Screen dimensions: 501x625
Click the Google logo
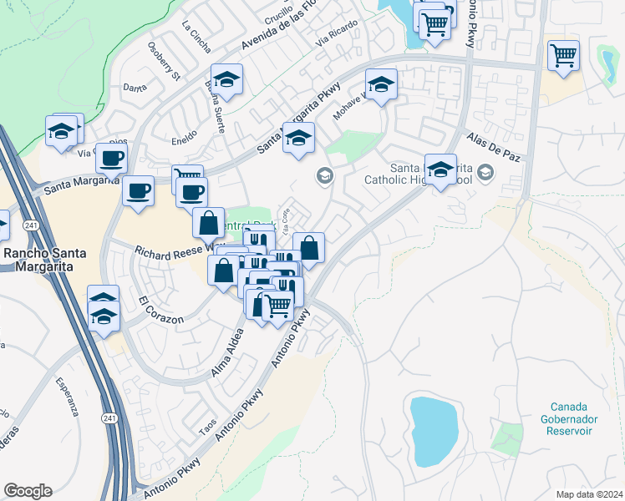(x=28, y=491)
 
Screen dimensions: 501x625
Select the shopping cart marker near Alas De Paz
(x=564, y=57)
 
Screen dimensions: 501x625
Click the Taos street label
(x=208, y=426)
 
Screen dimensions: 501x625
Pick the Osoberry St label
(x=164, y=62)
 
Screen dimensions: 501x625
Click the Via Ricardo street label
(x=337, y=34)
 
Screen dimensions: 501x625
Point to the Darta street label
(x=134, y=87)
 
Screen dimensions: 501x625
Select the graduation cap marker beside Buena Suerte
(x=226, y=80)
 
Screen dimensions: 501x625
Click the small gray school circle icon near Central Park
(x=324, y=175)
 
